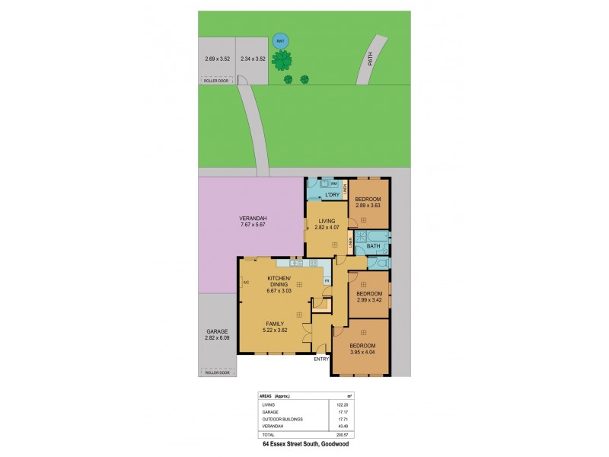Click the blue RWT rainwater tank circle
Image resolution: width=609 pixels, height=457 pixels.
tap(279, 41)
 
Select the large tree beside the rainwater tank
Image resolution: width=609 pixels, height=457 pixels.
tap(284, 59)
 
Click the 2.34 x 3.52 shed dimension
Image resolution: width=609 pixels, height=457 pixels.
tap(252, 59)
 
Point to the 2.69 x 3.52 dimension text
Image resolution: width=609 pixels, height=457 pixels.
tap(217, 59)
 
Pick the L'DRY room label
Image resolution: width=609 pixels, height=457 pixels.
tap(332, 196)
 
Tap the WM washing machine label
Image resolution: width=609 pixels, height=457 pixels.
tap(333, 184)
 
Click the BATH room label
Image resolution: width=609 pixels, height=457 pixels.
tap(373, 246)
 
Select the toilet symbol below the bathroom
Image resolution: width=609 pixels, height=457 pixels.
tap(379, 262)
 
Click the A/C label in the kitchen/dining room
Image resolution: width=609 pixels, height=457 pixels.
tap(246, 283)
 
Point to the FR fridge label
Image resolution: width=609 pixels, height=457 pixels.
tap(327, 282)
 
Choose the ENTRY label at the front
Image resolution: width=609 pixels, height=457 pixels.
tap(321, 359)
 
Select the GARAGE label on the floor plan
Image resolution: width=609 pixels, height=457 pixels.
tap(217, 332)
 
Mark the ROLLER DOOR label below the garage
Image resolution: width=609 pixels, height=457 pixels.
tap(217, 373)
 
